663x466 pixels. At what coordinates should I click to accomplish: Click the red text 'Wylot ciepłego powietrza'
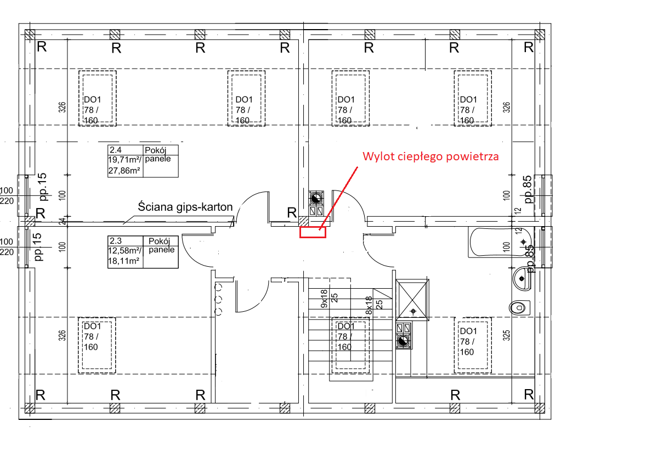pyautogui.click(x=430, y=156)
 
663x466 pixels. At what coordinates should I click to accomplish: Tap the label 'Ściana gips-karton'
pyautogui.click(x=185, y=207)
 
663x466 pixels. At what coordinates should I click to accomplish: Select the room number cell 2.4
pyautogui.click(x=115, y=150)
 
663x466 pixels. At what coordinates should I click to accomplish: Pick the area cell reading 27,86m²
pyautogui.click(x=124, y=171)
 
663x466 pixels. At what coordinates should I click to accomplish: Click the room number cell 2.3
pyautogui.click(x=115, y=240)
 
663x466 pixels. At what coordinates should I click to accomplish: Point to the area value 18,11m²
pyautogui.click(x=124, y=261)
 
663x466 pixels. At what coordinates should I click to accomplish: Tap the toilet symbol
pyautogui.click(x=520, y=308)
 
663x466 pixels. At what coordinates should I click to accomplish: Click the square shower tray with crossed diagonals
pyautogui.click(x=412, y=300)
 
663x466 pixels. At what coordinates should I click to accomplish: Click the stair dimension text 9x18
pyautogui.click(x=324, y=299)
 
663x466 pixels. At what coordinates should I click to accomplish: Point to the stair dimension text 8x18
pyautogui.click(x=369, y=305)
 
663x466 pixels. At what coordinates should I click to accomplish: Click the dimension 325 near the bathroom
pyautogui.click(x=507, y=335)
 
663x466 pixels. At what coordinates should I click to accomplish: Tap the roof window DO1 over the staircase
pyautogui.click(x=350, y=345)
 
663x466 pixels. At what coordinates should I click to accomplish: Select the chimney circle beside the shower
pyautogui.click(x=403, y=341)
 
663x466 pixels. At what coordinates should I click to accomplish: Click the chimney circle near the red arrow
pyautogui.click(x=316, y=198)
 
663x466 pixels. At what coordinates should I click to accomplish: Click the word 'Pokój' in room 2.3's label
pyautogui.click(x=159, y=241)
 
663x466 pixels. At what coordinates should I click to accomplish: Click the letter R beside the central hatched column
pyautogui.click(x=292, y=212)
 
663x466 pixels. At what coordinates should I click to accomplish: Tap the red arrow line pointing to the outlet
pyautogui.click(x=338, y=198)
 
